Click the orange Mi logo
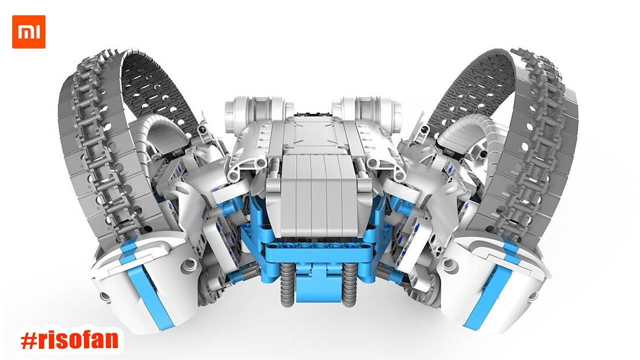click(x=28, y=31)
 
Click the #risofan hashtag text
click(x=69, y=340)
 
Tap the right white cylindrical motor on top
click(x=367, y=110)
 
